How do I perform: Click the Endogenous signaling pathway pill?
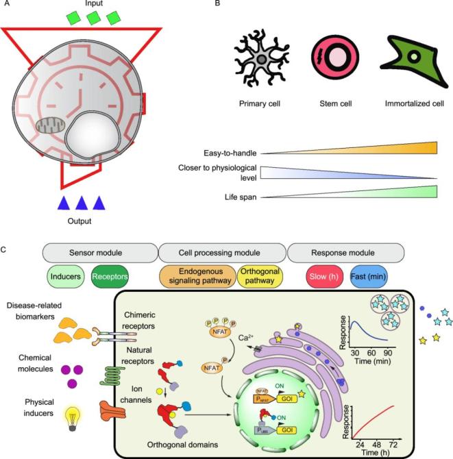point(197,277)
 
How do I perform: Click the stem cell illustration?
point(334,62)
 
